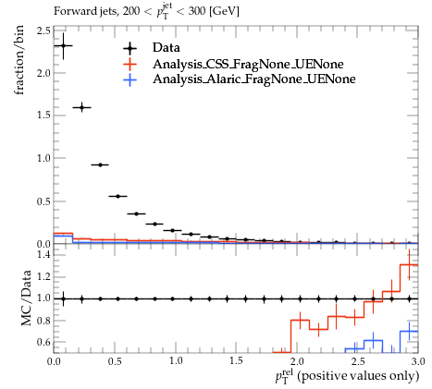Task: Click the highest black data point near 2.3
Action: pos(64,46)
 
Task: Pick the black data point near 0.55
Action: pos(117,196)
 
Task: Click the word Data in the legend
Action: pos(167,48)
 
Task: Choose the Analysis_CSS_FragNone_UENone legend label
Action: pos(248,64)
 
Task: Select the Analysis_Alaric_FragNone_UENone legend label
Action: pos(254,79)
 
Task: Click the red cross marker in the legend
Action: pos(130,64)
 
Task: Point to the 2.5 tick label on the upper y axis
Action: pos(43,31)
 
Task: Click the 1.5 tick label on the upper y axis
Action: pos(43,115)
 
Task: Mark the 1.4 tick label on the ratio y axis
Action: pos(43,254)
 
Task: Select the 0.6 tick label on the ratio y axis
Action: pos(43,342)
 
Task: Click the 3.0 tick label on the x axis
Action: pos(418,361)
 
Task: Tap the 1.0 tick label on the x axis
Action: pos(176,361)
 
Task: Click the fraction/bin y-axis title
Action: pos(19,60)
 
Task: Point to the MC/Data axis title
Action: pos(26,298)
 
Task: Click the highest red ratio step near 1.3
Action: pos(409,264)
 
